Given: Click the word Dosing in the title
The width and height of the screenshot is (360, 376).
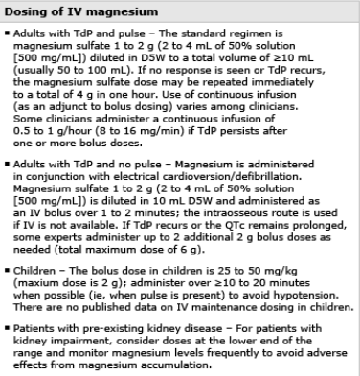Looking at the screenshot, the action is click(x=28, y=11).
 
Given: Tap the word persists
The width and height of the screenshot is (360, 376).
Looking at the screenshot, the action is click(x=289, y=125).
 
